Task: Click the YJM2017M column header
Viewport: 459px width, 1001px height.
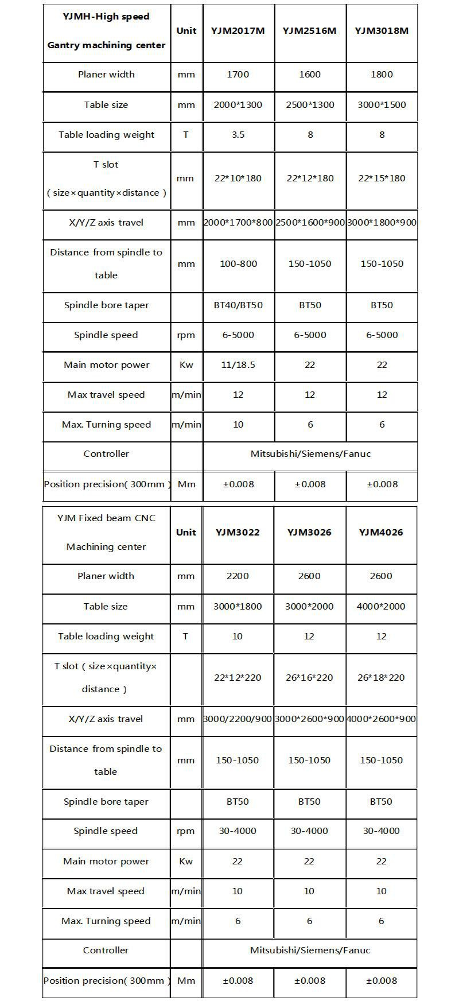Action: (x=238, y=31)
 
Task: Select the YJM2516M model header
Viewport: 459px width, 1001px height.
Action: (x=310, y=31)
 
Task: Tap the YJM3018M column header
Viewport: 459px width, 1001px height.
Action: (x=382, y=31)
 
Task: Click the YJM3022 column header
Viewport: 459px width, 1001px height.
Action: (x=238, y=532)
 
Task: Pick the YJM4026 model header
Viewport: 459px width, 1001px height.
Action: (x=381, y=532)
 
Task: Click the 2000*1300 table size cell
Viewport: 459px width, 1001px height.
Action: (x=238, y=105)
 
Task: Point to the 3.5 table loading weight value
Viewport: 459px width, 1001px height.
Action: (x=238, y=135)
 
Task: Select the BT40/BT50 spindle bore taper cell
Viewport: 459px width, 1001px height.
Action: (x=238, y=305)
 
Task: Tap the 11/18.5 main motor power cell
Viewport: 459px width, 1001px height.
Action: (x=238, y=365)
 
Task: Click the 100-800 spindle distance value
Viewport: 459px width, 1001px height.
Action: (x=238, y=264)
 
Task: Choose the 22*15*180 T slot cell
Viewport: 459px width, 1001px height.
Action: (x=382, y=179)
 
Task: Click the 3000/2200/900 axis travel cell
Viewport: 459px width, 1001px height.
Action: (x=238, y=719)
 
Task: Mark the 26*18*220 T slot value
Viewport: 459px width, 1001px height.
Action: (x=381, y=678)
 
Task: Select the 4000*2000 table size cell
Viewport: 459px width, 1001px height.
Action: (x=381, y=607)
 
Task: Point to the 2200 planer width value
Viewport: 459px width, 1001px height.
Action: (x=238, y=576)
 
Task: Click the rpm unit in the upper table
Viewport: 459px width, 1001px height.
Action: (x=186, y=335)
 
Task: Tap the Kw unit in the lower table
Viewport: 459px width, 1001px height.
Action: (x=186, y=862)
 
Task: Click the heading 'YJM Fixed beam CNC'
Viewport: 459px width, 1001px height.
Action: (x=106, y=518)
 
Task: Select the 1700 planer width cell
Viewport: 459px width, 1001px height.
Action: (x=238, y=75)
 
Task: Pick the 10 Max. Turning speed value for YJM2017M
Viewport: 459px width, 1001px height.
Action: (x=238, y=425)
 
